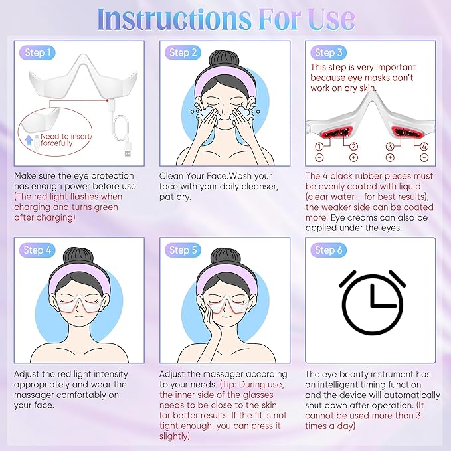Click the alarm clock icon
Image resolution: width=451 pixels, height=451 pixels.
pyautogui.click(x=372, y=298)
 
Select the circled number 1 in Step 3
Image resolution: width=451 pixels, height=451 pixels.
pyautogui.click(x=319, y=146)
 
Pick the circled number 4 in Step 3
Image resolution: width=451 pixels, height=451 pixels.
pyautogui.click(x=423, y=146)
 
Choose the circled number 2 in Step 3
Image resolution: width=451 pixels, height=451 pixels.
pyautogui.click(x=354, y=146)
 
